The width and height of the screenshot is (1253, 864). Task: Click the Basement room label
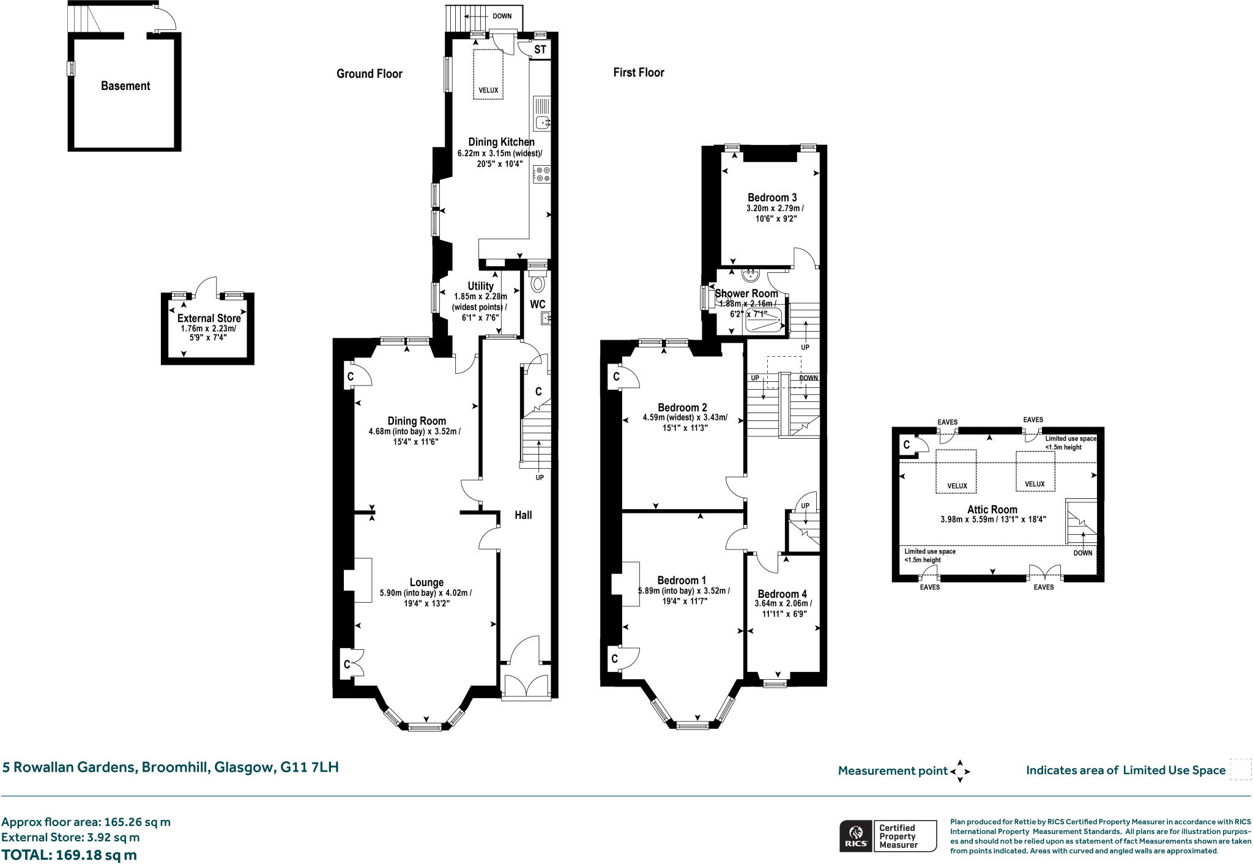pos(125,86)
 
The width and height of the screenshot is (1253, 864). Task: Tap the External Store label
pos(209,318)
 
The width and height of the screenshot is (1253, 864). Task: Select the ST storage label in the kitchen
pos(540,50)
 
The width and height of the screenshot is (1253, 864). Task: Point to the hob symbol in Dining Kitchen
pos(542,174)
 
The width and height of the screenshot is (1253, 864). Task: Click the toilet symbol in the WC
pos(538,284)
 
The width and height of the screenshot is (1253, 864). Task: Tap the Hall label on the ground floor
pos(523,515)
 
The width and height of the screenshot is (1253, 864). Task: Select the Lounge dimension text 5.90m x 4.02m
pos(426,593)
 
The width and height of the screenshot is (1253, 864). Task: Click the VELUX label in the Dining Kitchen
pos(488,91)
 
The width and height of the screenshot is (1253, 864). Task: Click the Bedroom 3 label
pos(772,198)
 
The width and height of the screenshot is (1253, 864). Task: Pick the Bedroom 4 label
pos(782,594)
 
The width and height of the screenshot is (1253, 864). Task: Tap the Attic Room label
pos(992,509)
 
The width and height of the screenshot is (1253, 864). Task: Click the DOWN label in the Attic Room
pos(1082,553)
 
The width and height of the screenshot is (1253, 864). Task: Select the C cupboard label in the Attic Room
pos(907,445)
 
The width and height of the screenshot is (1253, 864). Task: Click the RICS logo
pos(855,836)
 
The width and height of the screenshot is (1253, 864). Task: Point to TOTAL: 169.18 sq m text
pos(69,854)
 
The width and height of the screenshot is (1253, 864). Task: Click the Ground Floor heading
pos(369,74)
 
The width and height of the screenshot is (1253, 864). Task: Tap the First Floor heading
pos(638,72)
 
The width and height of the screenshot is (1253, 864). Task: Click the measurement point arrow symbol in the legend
pos(959,771)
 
